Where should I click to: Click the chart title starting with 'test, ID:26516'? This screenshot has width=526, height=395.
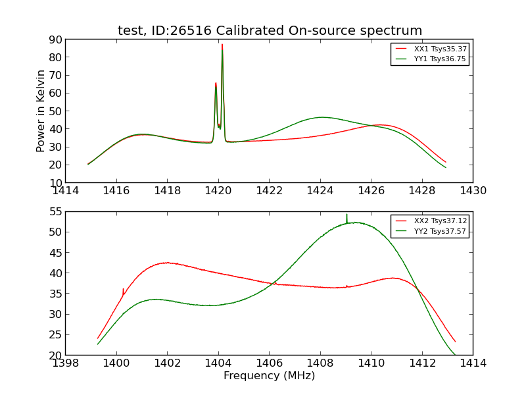pyautogui.click(x=270, y=31)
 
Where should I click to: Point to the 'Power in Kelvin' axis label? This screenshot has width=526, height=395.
pyautogui.click(x=41, y=111)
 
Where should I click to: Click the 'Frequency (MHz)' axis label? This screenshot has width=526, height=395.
pyautogui.click(x=269, y=376)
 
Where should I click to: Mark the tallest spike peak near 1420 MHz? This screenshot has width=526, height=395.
pyautogui.click(x=222, y=45)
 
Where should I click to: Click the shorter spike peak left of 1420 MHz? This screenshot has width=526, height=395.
pyautogui.click(x=216, y=83)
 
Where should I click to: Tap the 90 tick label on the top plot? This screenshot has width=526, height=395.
pyautogui.click(x=55, y=39)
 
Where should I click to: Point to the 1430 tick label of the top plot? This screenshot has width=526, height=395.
pyautogui.click(x=473, y=191)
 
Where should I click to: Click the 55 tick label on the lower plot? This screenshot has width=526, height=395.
pyautogui.click(x=55, y=211)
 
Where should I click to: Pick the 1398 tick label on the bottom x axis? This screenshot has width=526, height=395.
pyautogui.click(x=66, y=363)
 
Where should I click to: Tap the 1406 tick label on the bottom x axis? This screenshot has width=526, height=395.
pyautogui.click(x=269, y=363)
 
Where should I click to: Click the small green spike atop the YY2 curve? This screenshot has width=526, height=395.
pyautogui.click(x=347, y=215)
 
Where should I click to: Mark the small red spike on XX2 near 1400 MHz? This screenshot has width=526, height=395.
pyautogui.click(x=123, y=289)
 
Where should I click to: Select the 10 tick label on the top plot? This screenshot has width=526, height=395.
pyautogui.click(x=55, y=182)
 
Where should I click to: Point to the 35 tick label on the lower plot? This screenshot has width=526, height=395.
pyautogui.click(x=55, y=294)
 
